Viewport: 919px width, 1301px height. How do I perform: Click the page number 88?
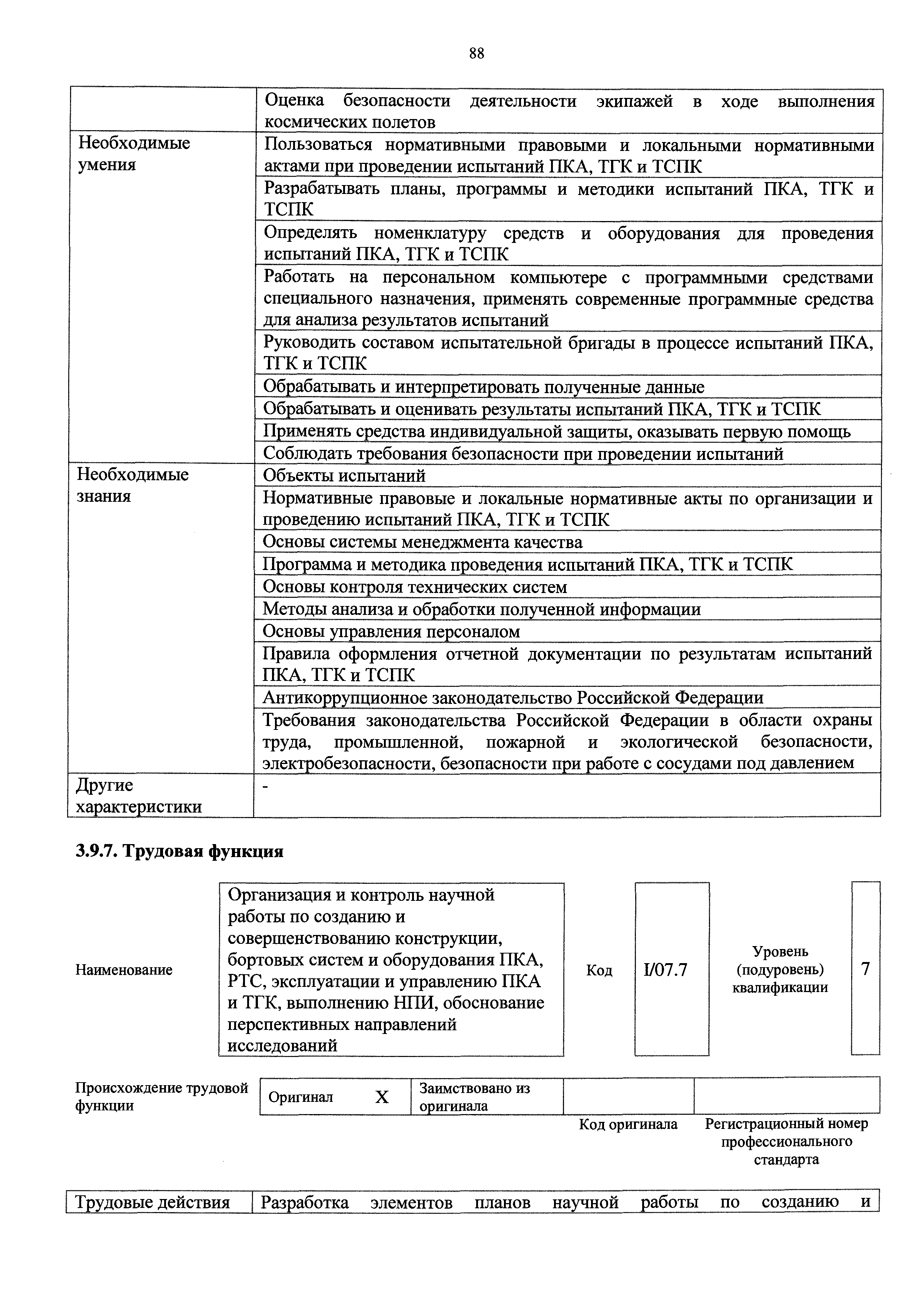coord(476,54)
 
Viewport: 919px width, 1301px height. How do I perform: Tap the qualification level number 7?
coord(865,969)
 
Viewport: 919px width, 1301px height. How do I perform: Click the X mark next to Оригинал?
coord(382,1097)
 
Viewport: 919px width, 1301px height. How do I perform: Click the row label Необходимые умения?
coord(134,154)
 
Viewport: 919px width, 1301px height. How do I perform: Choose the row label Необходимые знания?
coord(133,485)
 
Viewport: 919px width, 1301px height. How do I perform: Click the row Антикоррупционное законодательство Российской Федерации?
coord(513,698)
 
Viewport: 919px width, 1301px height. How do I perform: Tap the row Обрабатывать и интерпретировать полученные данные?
coord(484,387)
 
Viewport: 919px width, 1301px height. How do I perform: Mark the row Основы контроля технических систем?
coord(415,586)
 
